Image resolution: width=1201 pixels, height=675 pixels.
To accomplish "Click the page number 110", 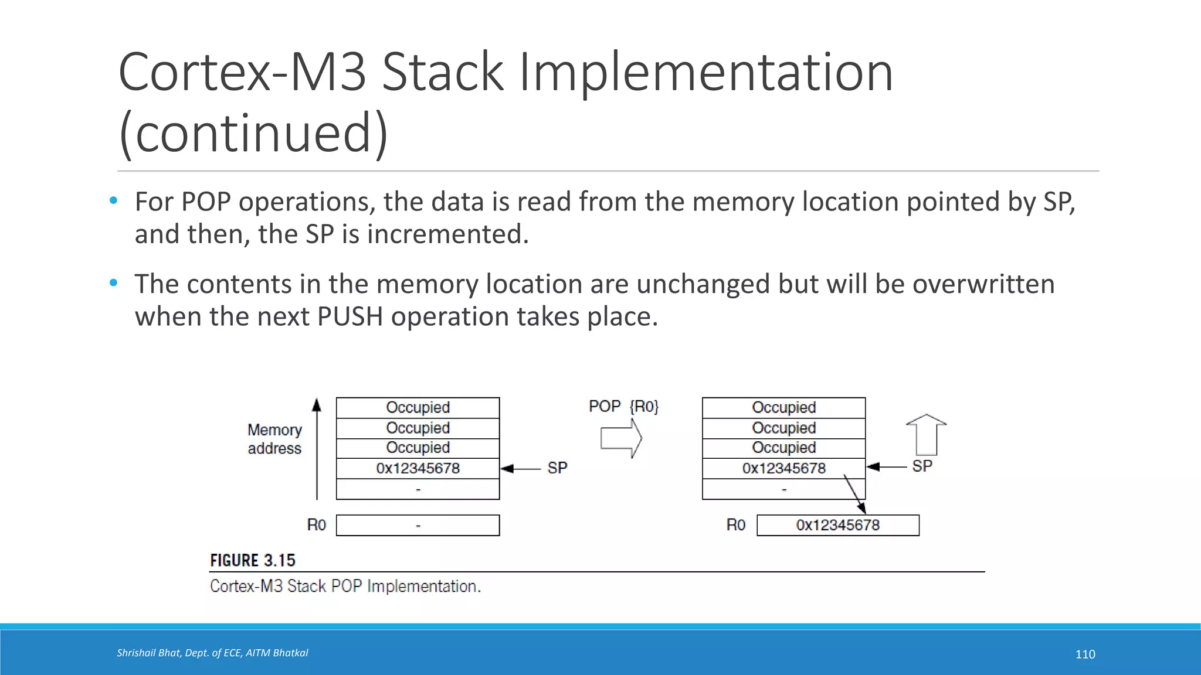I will [1085, 654].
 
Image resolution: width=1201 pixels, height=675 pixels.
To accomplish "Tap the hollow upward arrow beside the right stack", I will [926, 435].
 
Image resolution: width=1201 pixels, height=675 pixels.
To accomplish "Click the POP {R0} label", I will [623, 406].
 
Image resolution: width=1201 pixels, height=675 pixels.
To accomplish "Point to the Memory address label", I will [274, 439].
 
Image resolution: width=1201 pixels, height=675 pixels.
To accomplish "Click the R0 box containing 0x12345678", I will [837, 525].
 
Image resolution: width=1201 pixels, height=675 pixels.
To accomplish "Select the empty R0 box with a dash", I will [418, 525].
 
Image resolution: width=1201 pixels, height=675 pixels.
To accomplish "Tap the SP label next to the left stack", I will [557, 468].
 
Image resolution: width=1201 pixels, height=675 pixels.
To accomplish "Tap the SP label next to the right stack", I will [922, 466].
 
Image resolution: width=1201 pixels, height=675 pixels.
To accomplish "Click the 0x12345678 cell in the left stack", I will [418, 468].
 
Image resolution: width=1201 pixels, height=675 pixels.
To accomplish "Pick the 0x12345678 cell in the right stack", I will [783, 468].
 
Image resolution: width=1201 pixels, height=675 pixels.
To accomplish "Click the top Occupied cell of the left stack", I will [418, 407].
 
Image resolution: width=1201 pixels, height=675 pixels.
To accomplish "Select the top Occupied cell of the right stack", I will [783, 407].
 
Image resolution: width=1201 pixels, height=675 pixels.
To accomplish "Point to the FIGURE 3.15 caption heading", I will [253, 560].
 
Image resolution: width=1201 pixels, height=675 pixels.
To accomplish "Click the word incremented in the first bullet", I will [447, 234].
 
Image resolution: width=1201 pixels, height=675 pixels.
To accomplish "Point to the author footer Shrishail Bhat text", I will [212, 653].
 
